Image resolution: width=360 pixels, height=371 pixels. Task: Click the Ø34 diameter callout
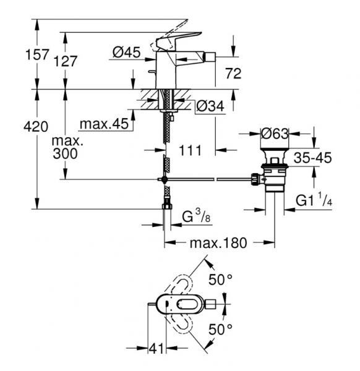[x=209, y=106]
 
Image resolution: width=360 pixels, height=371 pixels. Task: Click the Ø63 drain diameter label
[x=274, y=132]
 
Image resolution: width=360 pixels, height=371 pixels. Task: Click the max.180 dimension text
[x=218, y=243]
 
